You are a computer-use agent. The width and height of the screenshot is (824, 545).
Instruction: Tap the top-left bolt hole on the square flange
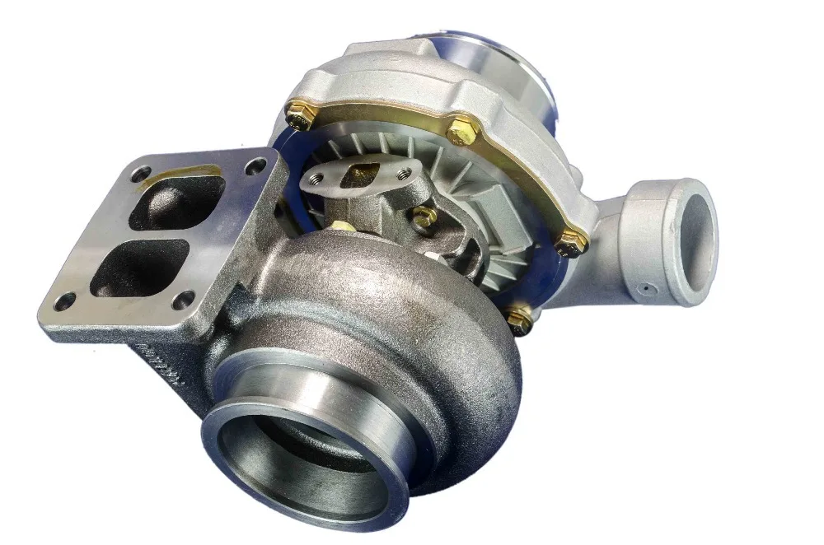[x=143, y=174]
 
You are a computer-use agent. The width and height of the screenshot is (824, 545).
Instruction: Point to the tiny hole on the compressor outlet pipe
[x=646, y=288]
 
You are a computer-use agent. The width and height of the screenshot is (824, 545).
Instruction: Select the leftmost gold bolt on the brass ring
[x=297, y=116]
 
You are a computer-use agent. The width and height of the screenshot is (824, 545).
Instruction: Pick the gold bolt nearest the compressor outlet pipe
[x=570, y=241]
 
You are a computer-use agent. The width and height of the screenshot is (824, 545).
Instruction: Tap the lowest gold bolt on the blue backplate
[x=519, y=319]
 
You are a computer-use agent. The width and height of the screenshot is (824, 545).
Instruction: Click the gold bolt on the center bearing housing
[x=425, y=217]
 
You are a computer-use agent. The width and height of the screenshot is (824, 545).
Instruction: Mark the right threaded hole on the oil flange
[x=402, y=174]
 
